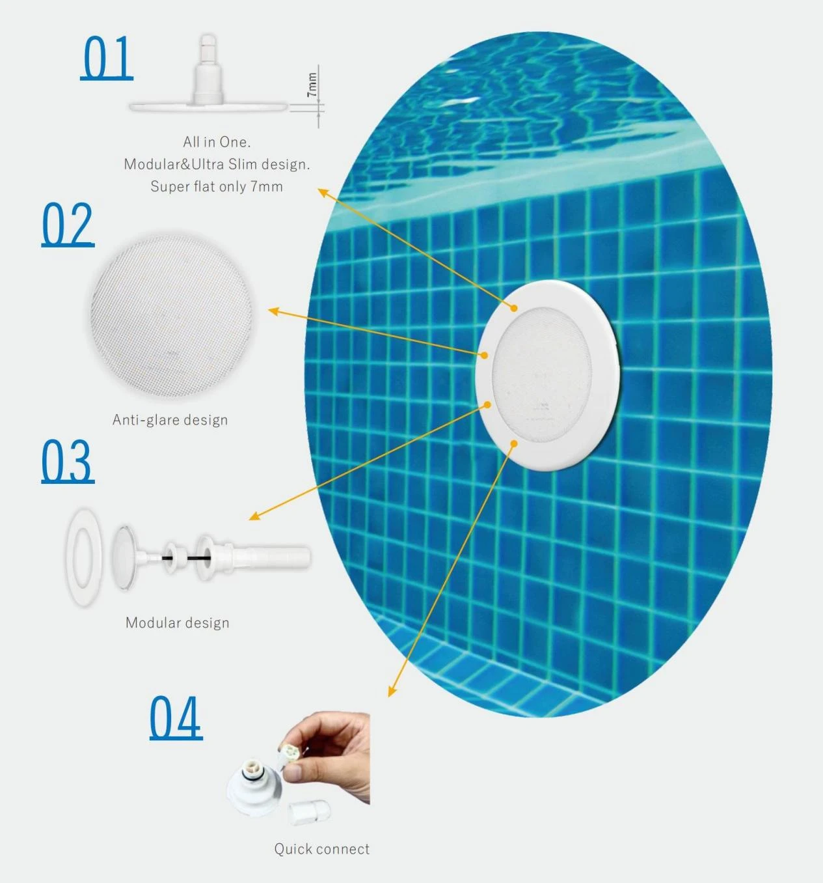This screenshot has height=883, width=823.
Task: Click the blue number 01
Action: [107, 58]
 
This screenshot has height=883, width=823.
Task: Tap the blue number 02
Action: [68, 225]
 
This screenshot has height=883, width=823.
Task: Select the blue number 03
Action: [68, 462]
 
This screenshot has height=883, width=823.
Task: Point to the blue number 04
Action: [176, 718]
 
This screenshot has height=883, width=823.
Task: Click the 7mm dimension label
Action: [312, 85]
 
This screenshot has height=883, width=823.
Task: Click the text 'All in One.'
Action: [217, 142]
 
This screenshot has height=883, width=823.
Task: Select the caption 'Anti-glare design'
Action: [170, 420]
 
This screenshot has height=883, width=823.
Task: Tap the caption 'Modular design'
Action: [178, 623]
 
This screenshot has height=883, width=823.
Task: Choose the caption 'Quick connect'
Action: [322, 849]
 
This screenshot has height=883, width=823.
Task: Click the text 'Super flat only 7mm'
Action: [217, 187]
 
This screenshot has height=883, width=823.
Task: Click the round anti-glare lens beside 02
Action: [171, 316]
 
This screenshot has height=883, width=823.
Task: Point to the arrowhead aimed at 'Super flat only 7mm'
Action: [323, 192]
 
